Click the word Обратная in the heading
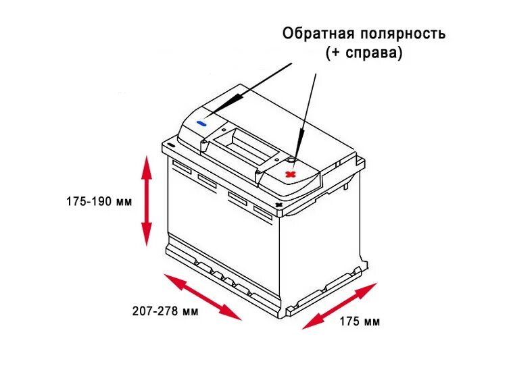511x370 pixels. point(314,34)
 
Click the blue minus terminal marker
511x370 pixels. point(201,124)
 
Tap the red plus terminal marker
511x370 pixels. point(291,174)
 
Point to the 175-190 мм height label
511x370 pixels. point(99,201)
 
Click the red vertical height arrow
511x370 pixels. point(146,201)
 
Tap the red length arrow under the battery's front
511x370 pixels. point(203,296)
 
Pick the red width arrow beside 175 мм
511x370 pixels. point(339,306)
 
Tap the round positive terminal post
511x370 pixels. point(290,160)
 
